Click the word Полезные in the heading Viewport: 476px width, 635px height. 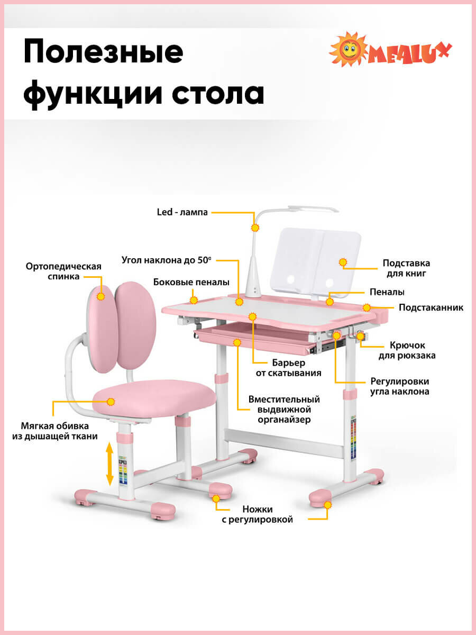coord(104,53)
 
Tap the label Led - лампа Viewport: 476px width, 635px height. coord(182,212)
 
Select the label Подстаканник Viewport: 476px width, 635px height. coord(431,307)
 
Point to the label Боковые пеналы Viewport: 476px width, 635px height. coord(191,282)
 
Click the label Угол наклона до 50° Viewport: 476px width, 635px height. coord(166,260)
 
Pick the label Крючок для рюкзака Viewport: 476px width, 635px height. coord(407,350)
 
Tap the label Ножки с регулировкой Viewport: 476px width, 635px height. coord(257,514)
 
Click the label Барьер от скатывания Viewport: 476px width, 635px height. coord(296,368)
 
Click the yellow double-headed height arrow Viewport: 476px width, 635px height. coord(109,464)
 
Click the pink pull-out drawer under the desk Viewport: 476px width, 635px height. coord(254,341)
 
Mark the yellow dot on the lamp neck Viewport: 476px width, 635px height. coord(255,228)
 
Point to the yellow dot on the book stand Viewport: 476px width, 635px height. coord(343,262)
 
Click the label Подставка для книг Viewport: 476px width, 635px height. coord(406,268)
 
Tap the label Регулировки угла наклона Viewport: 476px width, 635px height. coord(399,386)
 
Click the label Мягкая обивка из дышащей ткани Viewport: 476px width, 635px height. coord(55,431)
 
